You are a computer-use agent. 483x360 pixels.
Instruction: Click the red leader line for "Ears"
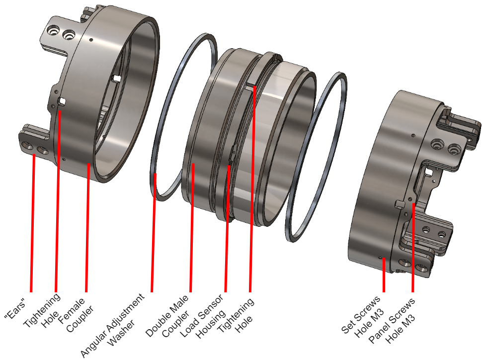[x=33, y=224]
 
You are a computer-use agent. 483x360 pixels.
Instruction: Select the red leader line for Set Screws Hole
[x=384, y=276]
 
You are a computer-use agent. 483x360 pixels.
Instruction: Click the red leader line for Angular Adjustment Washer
[x=153, y=234]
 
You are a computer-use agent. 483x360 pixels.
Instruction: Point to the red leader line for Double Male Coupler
[x=192, y=229]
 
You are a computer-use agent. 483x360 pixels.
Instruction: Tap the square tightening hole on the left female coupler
[x=62, y=101]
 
